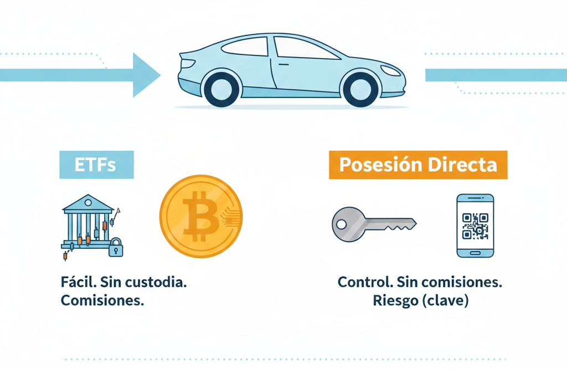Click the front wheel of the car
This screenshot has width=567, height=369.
(x=361, y=89)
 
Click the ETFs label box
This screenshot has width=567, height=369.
(x=96, y=165)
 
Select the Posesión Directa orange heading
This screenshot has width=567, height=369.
(x=418, y=165)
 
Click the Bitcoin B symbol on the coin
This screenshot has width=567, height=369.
(x=199, y=217)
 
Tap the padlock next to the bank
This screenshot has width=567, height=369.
(x=116, y=248)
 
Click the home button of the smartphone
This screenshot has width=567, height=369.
(x=475, y=252)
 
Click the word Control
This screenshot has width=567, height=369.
(x=365, y=281)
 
